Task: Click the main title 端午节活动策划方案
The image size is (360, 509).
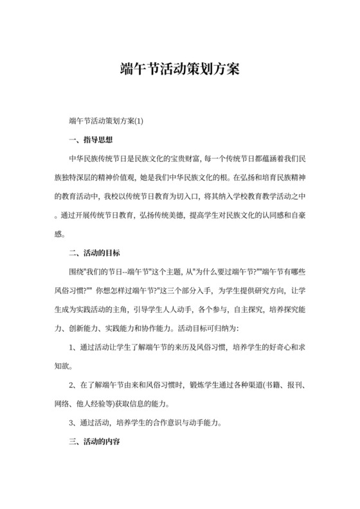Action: pos(179,69)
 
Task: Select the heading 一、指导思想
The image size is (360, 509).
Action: pos(90,139)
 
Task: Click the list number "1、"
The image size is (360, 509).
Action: pos(73,348)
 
